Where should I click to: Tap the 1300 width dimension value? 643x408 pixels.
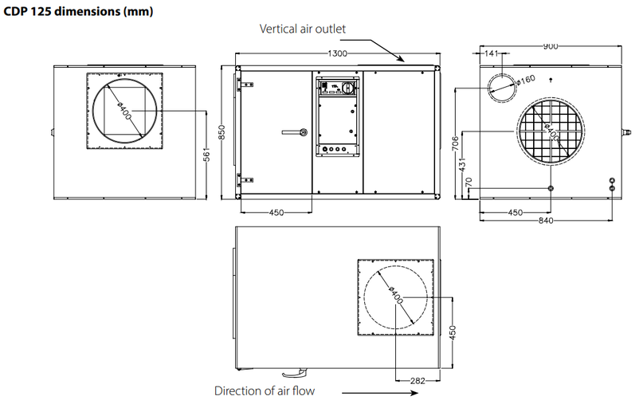coord(339,54)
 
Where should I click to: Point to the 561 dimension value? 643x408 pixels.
coord(208,153)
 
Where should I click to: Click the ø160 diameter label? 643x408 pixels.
coord(526,80)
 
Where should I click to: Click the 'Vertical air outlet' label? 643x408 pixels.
coord(302,29)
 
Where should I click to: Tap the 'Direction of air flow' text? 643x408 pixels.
coord(265,390)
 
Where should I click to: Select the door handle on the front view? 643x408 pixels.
coord(294,131)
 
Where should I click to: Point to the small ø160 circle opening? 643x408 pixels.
coord(503,85)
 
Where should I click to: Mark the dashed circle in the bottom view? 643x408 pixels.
coord(396,297)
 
